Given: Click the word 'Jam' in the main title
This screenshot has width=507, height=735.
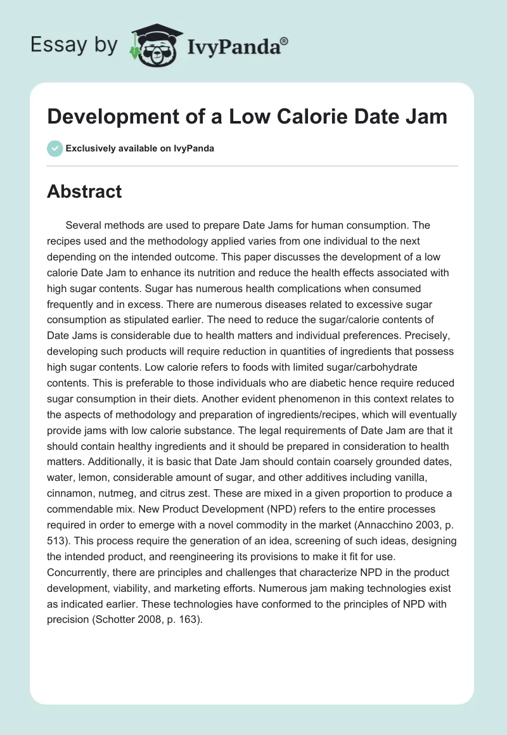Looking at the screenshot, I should [430, 117].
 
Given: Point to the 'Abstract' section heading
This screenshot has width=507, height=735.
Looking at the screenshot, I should [84, 192].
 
